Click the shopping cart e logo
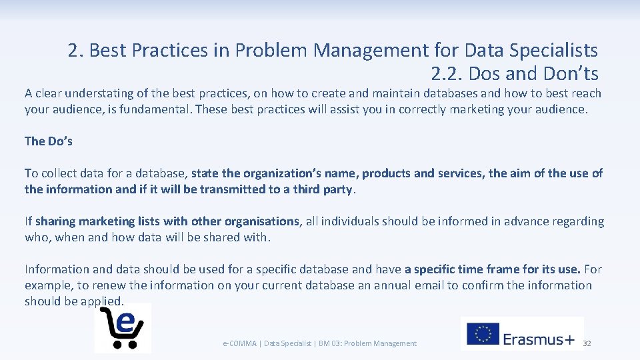pyautogui.click(x=123, y=327)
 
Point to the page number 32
pyautogui.click(x=587, y=343)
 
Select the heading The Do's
pyautogui.click(x=49, y=141)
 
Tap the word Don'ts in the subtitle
pyautogui.click(x=571, y=73)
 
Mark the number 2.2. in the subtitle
pyautogui.click(x=447, y=73)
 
